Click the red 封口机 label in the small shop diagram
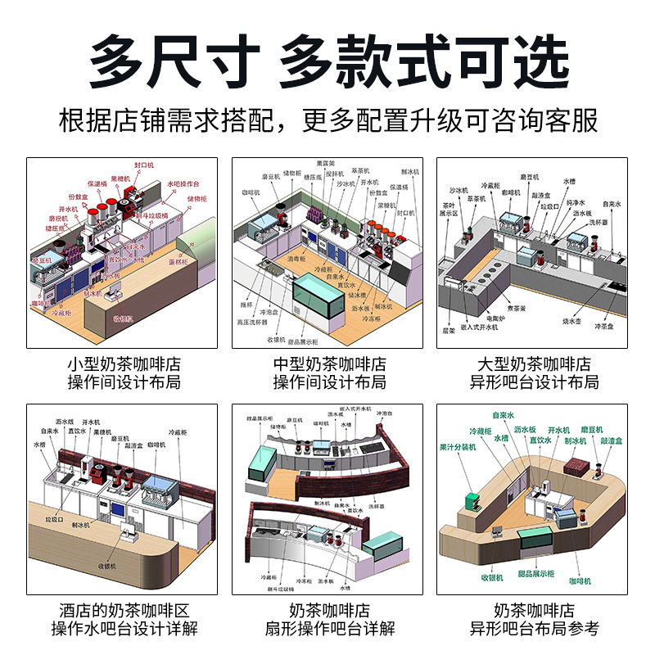click(x=143, y=165)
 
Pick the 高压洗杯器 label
click(x=254, y=323)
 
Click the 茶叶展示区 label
click(x=448, y=210)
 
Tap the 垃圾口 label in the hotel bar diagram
click(x=55, y=519)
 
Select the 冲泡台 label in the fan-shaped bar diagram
click(x=385, y=414)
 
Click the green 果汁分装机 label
click(x=460, y=448)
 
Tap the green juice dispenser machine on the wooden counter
click(x=475, y=502)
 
